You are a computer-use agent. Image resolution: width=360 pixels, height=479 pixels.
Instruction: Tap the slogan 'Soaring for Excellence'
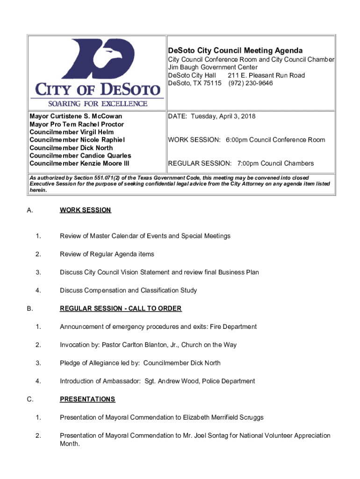pos(97,103)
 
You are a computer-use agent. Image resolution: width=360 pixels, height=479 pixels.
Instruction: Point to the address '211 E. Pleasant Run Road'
pos(266,75)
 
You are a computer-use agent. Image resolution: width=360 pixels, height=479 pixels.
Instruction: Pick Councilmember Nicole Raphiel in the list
pos(77,140)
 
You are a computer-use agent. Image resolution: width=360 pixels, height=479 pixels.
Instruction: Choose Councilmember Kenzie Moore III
pos(79,163)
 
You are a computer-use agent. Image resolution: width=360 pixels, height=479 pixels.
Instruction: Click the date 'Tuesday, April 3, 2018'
pos(225,116)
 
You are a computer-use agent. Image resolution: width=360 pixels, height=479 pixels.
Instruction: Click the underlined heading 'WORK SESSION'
pos(85,210)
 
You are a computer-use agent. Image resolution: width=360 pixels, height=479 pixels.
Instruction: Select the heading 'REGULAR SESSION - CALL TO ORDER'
pos(121,308)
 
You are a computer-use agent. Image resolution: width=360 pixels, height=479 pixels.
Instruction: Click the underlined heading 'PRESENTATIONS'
pos(87,399)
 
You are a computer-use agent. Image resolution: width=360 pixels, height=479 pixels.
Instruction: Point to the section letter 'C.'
pos(30,399)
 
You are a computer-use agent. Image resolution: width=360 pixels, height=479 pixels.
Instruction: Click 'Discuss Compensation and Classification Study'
pos(128,290)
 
